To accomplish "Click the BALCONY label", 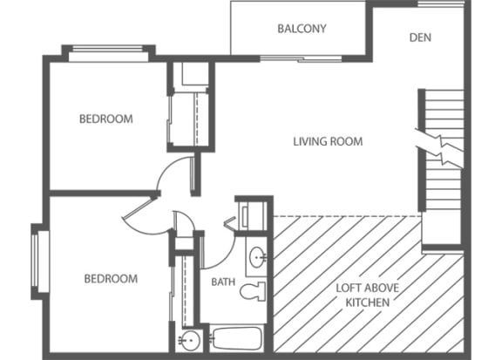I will (302, 28).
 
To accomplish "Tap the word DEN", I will (420, 37).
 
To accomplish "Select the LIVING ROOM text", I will (327, 141).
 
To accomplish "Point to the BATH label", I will (223, 282).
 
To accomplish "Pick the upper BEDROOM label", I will (106, 119).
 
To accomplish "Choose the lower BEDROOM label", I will (111, 279).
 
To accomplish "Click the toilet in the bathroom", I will (253, 291).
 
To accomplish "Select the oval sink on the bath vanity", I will (256, 258).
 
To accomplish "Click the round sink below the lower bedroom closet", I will (188, 340).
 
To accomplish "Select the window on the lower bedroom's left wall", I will (36, 262).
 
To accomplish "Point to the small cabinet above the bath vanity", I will (254, 214).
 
